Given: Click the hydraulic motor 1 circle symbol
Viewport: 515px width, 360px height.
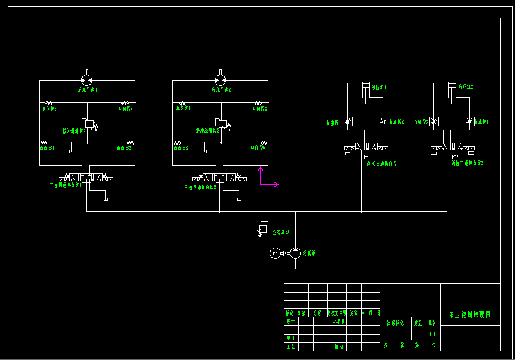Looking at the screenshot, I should pos(87,80).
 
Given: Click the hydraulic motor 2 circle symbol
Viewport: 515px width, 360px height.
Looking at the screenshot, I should pos(220,80).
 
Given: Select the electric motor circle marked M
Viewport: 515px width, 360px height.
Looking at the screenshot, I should pos(275,253).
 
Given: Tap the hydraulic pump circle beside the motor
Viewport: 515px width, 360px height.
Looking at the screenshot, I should pos(295,253).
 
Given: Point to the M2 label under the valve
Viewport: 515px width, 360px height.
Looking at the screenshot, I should pos(455,157).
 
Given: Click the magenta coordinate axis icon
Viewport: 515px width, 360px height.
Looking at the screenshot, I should pos(267,179).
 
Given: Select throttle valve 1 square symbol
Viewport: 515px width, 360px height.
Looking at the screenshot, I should pos(347,121).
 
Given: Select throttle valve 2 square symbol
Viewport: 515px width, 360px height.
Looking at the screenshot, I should pos(383,121).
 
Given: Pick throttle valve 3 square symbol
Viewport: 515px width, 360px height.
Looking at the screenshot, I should pos(434,121).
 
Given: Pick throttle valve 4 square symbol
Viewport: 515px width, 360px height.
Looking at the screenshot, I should pos(470,121).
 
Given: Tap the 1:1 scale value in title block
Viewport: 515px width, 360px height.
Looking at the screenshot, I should pos(433,335).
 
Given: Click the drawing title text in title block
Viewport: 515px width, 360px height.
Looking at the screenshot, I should pos(470,314).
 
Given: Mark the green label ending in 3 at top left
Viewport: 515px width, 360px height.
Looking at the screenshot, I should pos(49,109).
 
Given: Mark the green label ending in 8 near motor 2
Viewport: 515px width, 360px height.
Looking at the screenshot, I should pos(260,109).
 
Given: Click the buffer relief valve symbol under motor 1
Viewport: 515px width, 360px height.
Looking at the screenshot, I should pos(89,123).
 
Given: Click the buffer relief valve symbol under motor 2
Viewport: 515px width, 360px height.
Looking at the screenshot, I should pos(222,123).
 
